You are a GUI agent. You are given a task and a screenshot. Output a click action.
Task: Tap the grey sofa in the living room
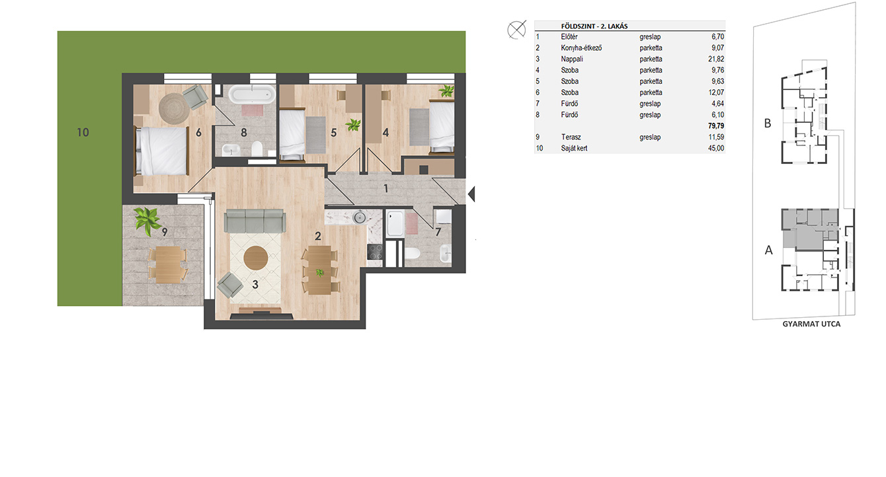[x=255, y=221]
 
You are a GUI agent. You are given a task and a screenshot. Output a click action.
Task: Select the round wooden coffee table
[x=255, y=258]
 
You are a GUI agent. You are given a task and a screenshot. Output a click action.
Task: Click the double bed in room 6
[x=161, y=151]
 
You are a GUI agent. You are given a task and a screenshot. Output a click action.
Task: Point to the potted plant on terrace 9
[x=147, y=220]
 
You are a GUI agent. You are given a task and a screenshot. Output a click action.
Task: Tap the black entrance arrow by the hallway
[x=471, y=194]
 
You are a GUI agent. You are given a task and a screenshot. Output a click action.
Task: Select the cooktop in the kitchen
[x=375, y=252]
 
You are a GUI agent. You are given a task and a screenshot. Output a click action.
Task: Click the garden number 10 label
[x=83, y=132]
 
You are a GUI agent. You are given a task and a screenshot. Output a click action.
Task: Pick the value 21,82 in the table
[x=716, y=59]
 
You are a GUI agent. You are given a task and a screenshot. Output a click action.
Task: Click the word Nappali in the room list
[x=571, y=59]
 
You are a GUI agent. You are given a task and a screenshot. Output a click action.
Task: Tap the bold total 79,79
[x=716, y=126]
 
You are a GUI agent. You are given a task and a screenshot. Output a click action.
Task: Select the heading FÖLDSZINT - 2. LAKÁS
[x=594, y=26]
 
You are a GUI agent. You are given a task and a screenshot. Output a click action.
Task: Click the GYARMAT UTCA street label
[x=811, y=324]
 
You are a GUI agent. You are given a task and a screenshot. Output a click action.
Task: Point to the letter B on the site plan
[x=768, y=124]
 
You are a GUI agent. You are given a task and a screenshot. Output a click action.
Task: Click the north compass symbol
[x=516, y=30]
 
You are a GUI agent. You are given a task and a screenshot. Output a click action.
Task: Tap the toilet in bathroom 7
[x=412, y=253]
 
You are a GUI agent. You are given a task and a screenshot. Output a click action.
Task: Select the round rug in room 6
[x=174, y=108]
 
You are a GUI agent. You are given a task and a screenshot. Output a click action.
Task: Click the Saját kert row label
[x=574, y=148]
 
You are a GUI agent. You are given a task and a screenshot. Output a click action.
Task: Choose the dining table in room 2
[x=319, y=270]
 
